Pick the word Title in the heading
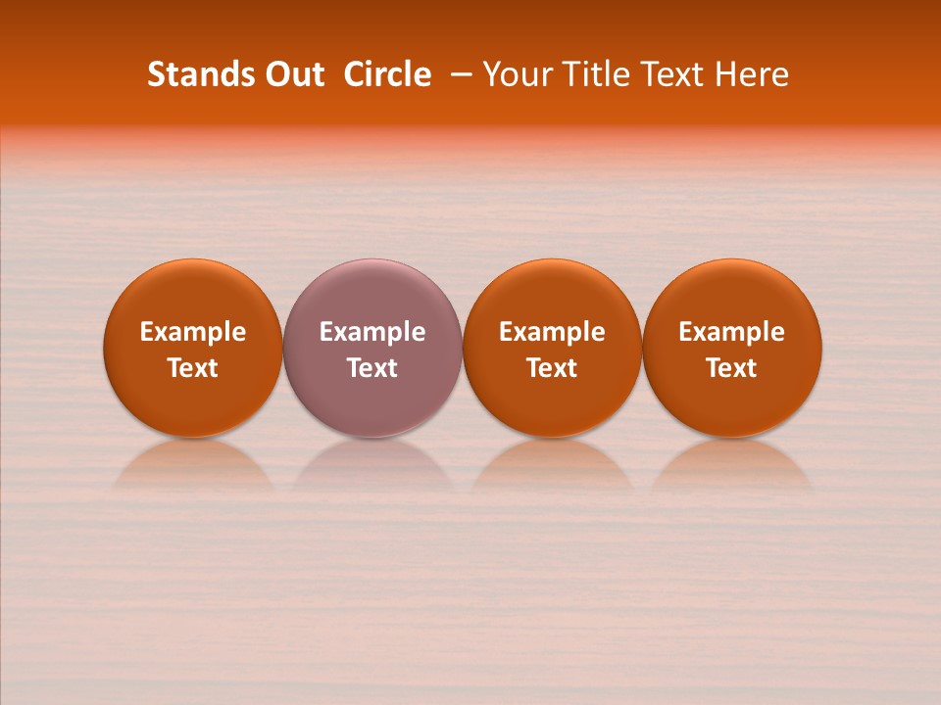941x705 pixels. [x=590, y=74]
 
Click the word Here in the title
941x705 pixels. [x=752, y=74]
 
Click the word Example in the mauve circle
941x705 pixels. [x=372, y=333]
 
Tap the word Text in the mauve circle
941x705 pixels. [x=372, y=368]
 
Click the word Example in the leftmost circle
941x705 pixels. [x=193, y=333]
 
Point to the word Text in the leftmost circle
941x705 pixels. [x=193, y=368]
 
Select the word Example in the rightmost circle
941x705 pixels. [x=732, y=333]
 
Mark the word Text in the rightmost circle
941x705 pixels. [x=732, y=368]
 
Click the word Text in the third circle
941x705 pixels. [x=552, y=368]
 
